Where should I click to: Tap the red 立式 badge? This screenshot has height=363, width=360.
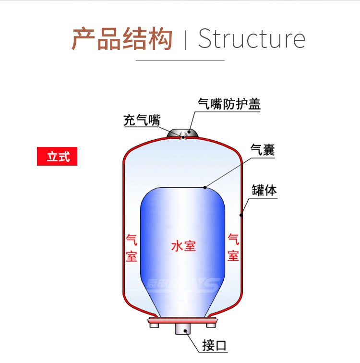pos(57,157)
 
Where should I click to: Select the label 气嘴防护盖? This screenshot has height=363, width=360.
pos(229,104)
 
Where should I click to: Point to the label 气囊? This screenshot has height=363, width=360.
pos(263,150)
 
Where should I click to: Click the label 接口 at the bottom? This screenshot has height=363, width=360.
pos(214,346)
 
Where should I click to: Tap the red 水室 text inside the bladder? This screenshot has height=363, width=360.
pos(183,246)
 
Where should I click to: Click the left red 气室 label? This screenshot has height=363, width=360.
pos(132,247)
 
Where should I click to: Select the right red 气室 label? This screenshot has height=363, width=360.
pos(233,247)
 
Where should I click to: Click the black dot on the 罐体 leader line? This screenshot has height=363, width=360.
pos(241,215)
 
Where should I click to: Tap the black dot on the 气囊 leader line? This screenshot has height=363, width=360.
pos(205,187)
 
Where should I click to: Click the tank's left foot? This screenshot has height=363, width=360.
pos(155,326)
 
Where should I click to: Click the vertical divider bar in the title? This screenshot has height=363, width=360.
pos(186,39)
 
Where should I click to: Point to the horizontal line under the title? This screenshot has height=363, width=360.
pos(180,60)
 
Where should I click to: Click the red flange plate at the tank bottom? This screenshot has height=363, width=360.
pos(183,320)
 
